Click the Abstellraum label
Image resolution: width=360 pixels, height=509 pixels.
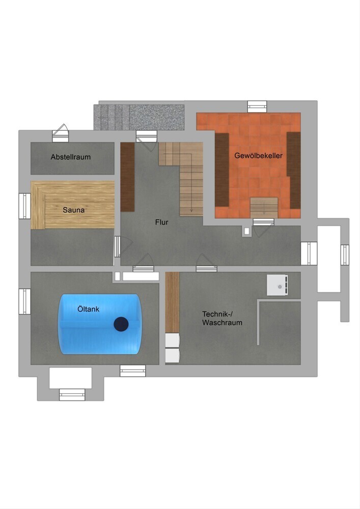(70, 157)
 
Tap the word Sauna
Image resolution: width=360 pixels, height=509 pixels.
(74, 210)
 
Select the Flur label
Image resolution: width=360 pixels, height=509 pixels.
(161, 222)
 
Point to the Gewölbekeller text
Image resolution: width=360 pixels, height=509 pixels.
(258, 155)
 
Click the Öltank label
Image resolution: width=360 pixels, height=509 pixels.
(88, 309)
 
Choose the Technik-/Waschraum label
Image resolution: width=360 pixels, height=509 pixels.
(222, 319)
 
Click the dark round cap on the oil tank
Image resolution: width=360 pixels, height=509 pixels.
(121, 324)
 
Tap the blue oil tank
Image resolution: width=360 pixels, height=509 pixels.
(99, 324)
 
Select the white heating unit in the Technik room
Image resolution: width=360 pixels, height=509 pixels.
(278, 285)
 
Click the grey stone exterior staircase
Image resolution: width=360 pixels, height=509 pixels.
(139, 117)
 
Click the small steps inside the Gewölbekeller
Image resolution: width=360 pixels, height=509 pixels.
(264, 208)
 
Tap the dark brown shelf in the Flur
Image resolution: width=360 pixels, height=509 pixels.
(128, 177)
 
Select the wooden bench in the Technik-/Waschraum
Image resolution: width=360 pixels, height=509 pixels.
(173, 302)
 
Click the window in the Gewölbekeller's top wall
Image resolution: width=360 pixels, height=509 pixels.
(257, 106)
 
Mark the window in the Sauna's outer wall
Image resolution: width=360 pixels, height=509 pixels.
(24, 206)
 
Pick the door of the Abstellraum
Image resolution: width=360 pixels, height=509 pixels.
(61, 133)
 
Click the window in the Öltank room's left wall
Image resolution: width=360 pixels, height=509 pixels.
(24, 301)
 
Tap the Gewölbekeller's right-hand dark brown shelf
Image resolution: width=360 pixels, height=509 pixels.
(293, 171)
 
